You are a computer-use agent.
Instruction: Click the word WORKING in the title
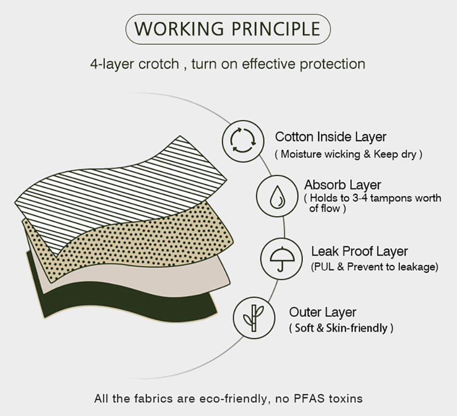(179, 29)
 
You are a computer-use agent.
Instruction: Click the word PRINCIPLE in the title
(276, 29)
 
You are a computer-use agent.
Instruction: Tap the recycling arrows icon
(243, 141)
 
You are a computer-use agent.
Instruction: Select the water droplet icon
(277, 197)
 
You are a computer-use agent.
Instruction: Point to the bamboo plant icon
(254, 318)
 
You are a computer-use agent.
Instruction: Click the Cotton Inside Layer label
(331, 137)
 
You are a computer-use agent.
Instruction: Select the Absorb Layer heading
(343, 185)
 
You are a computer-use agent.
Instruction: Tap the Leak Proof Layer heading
(359, 252)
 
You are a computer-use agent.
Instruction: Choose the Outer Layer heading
(323, 312)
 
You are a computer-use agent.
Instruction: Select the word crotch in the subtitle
(159, 64)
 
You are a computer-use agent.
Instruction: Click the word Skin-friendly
(357, 328)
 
